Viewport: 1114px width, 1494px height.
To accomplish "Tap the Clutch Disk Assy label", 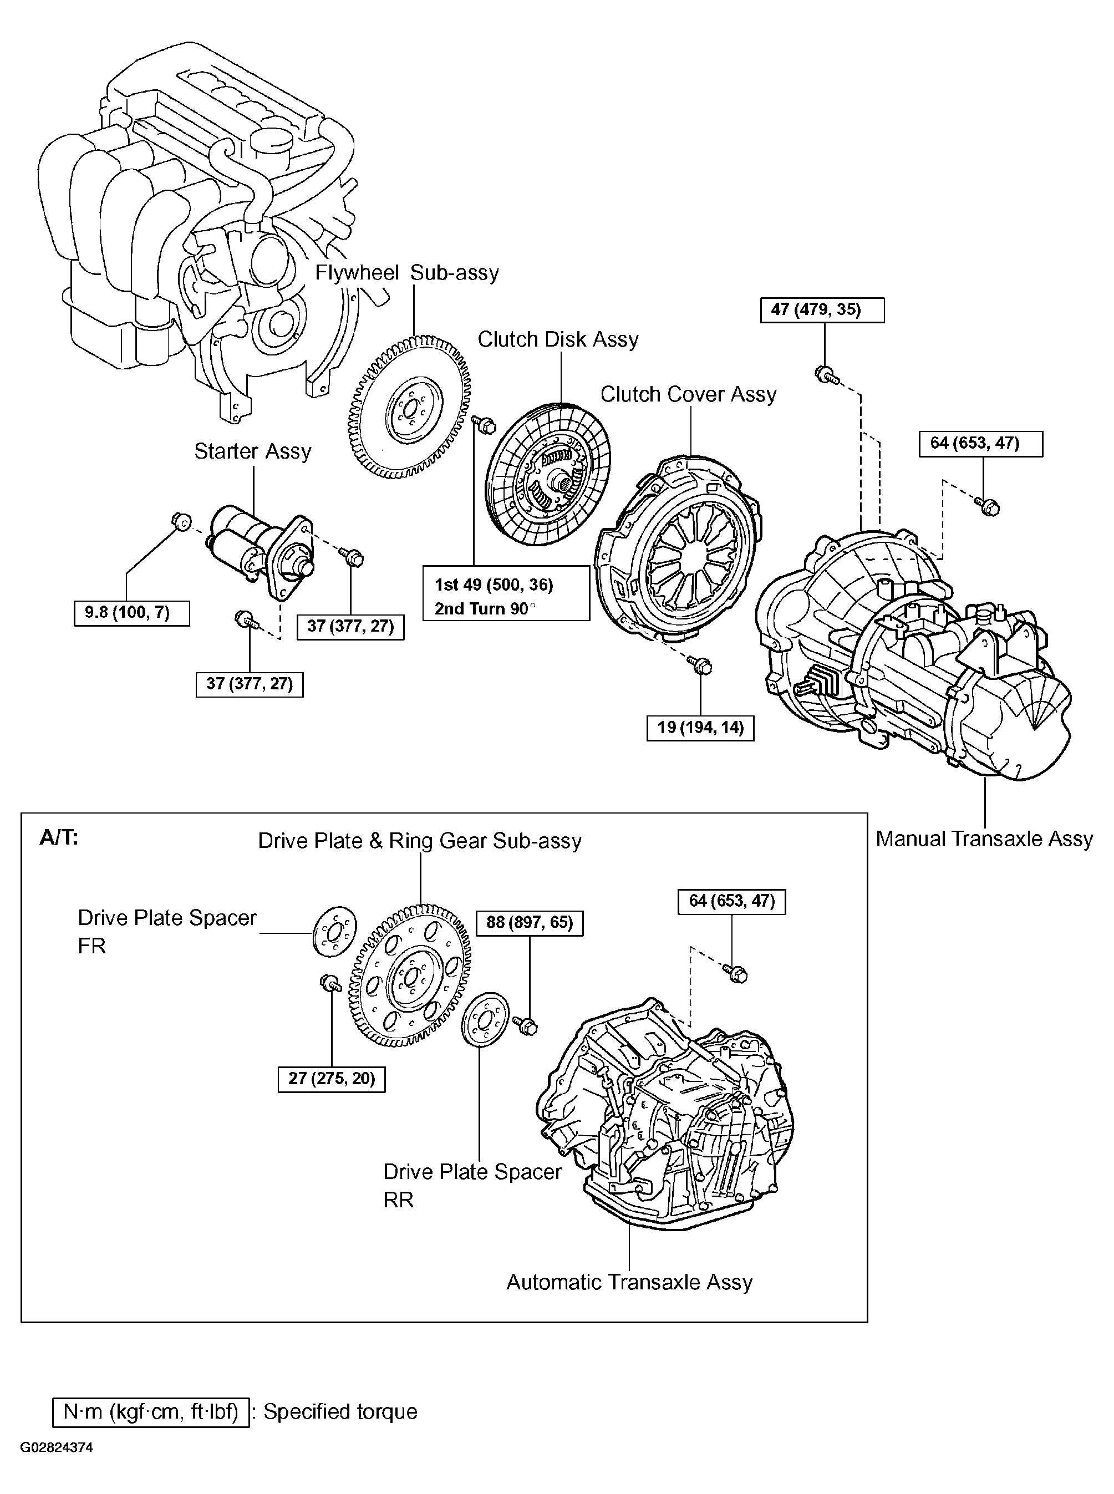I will pos(558,339).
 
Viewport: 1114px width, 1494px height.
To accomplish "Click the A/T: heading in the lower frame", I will pos(59,838).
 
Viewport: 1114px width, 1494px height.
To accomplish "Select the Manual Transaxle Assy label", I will pos(983,839).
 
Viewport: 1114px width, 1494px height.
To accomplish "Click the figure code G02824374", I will pos(56,1447).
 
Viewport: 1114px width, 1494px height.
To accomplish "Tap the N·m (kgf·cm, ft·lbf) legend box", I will pos(150,1412).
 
